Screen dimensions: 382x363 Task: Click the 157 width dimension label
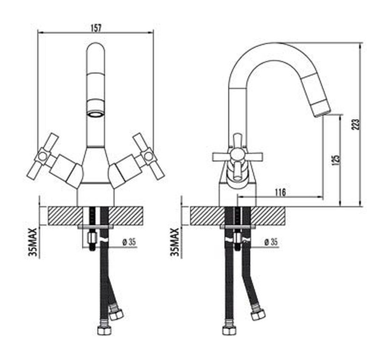pyautogui.click(x=96, y=28)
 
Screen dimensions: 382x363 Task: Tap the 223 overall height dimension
pyautogui.click(x=356, y=124)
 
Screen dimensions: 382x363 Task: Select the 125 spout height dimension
pyautogui.click(x=335, y=160)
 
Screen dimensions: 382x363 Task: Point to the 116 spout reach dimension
pyautogui.click(x=280, y=192)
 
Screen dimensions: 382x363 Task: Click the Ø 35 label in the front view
pyautogui.click(x=129, y=242)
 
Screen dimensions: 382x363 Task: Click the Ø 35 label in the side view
pyautogui.click(x=271, y=242)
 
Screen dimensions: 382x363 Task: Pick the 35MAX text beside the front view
pyautogui.click(x=32, y=242)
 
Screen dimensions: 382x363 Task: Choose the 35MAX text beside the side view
pyautogui.click(x=175, y=242)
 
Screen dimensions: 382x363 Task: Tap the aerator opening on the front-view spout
pyautogui.click(x=95, y=114)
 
